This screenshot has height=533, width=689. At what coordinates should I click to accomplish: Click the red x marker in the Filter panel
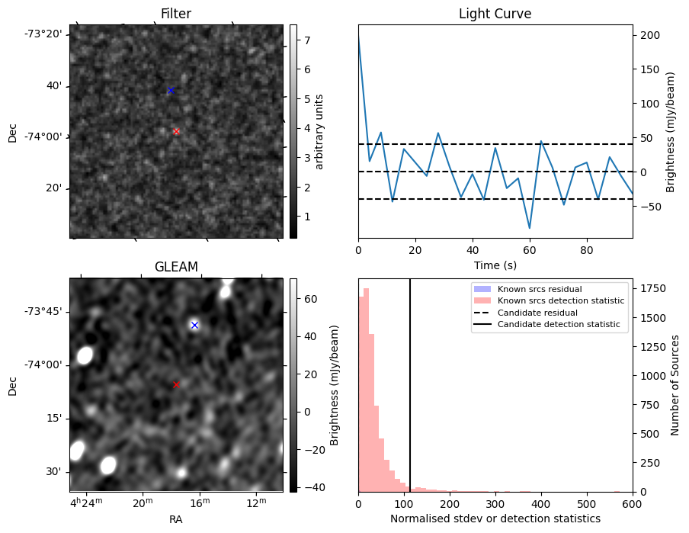(176, 132)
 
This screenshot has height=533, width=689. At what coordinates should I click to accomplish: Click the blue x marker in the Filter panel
(171, 90)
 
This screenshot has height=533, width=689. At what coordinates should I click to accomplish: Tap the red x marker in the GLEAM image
(176, 385)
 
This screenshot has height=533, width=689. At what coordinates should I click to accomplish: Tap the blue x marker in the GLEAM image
(194, 325)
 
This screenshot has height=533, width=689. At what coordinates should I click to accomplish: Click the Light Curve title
(495, 14)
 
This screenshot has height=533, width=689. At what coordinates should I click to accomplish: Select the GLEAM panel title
(176, 267)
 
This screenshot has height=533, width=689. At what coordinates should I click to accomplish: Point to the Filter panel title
(176, 14)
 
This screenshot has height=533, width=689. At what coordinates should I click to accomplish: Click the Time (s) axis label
(495, 265)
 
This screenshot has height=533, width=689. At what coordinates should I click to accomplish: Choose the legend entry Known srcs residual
(540, 289)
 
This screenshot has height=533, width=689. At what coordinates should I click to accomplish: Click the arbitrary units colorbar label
(320, 131)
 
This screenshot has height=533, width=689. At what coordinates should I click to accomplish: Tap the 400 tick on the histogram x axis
(541, 503)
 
